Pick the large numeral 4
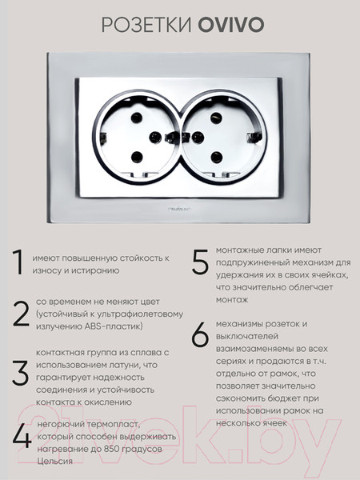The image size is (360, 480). point(22,436)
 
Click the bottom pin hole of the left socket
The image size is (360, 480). point(137,156)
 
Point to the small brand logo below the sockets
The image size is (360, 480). point(179,186)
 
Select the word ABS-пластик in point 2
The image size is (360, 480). point(115,326)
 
